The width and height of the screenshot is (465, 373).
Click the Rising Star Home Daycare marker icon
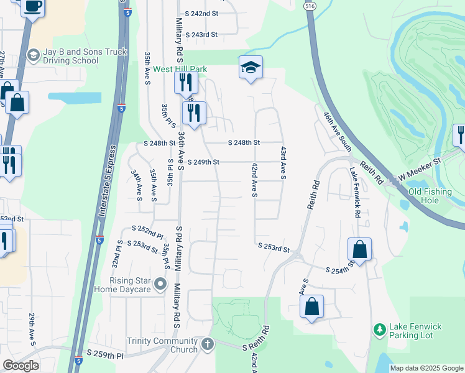click(161, 285)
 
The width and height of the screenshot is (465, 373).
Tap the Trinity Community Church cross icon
click(207, 343)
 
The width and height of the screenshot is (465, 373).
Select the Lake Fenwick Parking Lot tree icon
click(379, 328)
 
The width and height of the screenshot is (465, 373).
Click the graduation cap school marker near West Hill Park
click(251, 67)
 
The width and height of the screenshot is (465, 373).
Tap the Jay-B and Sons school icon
click(32, 55)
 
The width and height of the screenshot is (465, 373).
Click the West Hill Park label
click(180, 69)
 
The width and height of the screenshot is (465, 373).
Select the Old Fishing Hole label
click(430, 196)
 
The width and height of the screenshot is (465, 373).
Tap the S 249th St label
click(203, 162)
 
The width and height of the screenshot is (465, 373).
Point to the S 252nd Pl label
click(146, 236)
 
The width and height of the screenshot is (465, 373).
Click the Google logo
click(21, 366)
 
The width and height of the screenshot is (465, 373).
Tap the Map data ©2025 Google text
click(426, 368)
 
